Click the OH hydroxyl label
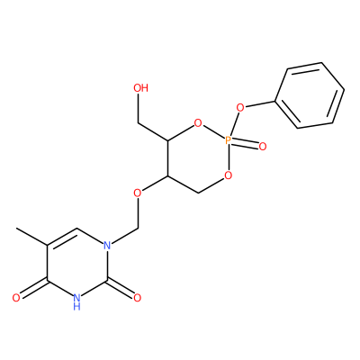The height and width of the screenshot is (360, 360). pos(140,88)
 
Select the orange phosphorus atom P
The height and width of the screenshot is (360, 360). pos(228,140)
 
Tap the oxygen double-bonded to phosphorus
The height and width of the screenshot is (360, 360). pos(263,147)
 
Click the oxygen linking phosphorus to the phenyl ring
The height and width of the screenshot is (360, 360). pos(240,107)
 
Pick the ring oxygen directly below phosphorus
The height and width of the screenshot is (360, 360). pos(228,175)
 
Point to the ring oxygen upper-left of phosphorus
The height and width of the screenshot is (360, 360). pos(198,123)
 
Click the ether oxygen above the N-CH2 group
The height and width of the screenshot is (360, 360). pos(138,193)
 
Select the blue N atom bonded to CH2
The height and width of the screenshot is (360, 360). pos(107,246)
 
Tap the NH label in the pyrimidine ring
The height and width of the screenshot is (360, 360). pos(76,301)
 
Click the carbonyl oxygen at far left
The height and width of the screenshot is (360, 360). pos(16,298)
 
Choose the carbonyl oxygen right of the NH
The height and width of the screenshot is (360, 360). pos(137,298)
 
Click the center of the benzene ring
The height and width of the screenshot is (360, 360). pos(310,95)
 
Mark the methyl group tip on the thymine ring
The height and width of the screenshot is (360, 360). pos(17,229)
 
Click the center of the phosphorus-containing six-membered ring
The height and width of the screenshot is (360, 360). pos(198,157)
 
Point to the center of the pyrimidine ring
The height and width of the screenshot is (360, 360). pos(77,263)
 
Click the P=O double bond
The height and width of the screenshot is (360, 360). pos(245,143)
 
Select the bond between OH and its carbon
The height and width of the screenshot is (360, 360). pos(138,108)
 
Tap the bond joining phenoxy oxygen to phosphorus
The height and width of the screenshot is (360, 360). pos(234,123)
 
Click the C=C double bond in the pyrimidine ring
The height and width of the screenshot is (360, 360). pos(62,237)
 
